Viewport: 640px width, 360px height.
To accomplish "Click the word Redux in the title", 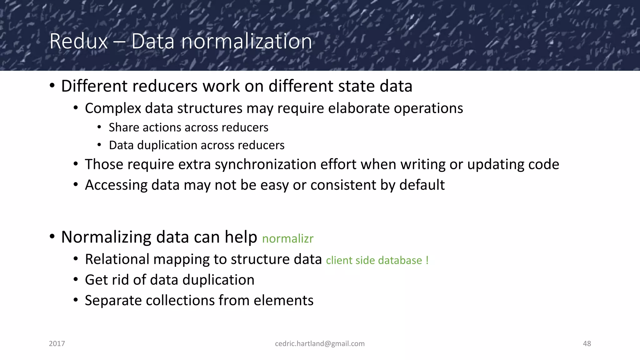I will point(78,41).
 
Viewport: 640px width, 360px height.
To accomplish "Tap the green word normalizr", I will point(287,239).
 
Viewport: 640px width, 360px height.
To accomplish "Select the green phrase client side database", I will point(374,260).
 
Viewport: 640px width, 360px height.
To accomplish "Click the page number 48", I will point(587,343).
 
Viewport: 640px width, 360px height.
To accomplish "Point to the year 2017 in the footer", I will point(57,343).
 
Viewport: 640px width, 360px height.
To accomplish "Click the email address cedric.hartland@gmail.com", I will point(320,343).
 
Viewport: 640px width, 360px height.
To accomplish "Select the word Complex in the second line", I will point(113,108).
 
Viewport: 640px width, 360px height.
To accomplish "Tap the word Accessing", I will point(116,185).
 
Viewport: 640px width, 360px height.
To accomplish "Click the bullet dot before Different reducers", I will point(52,86).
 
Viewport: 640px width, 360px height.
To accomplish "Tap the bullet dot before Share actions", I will point(99,127).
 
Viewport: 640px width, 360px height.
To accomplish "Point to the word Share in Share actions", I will point(123,127).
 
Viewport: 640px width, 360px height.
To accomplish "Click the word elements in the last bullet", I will point(283,301).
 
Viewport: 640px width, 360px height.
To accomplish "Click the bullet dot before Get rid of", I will point(76,280).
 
